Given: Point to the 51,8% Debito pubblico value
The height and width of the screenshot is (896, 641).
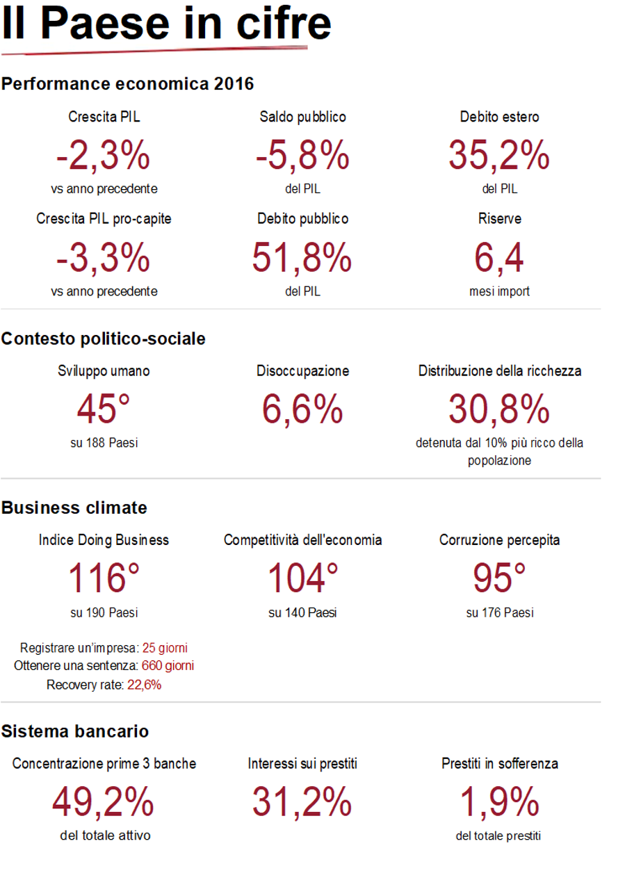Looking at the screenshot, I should pyautogui.click(x=302, y=257).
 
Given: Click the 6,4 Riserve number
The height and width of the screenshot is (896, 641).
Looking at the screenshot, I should pyautogui.click(x=499, y=257).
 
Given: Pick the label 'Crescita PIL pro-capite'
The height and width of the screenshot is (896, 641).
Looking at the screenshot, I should pyautogui.click(x=104, y=219).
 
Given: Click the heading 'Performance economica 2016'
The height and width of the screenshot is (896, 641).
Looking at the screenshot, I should pyautogui.click(x=127, y=85).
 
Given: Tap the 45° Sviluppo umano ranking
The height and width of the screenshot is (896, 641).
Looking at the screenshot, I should pyautogui.click(x=104, y=409).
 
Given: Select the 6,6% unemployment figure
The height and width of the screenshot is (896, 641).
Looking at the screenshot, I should pyautogui.click(x=302, y=409).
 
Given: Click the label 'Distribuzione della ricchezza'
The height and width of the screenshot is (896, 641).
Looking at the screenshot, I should pyautogui.click(x=500, y=371).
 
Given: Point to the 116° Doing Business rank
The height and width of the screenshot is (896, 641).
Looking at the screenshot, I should pyautogui.click(x=104, y=578).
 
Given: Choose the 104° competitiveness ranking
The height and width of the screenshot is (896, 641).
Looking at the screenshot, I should pyautogui.click(x=302, y=578).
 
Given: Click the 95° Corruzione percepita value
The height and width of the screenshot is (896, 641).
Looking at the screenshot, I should pyautogui.click(x=499, y=578).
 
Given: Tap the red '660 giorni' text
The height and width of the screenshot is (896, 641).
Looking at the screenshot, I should pyautogui.click(x=168, y=666).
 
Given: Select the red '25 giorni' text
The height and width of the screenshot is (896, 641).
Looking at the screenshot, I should pyautogui.click(x=165, y=648).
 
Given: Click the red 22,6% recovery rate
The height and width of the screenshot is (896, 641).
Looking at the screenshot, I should pyautogui.click(x=144, y=685).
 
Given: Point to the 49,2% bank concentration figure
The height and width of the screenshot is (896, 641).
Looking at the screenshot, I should pyautogui.click(x=104, y=803).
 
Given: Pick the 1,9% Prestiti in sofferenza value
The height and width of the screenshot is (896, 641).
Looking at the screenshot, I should pyautogui.click(x=499, y=803).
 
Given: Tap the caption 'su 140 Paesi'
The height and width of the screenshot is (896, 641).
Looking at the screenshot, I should pyautogui.click(x=302, y=613).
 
